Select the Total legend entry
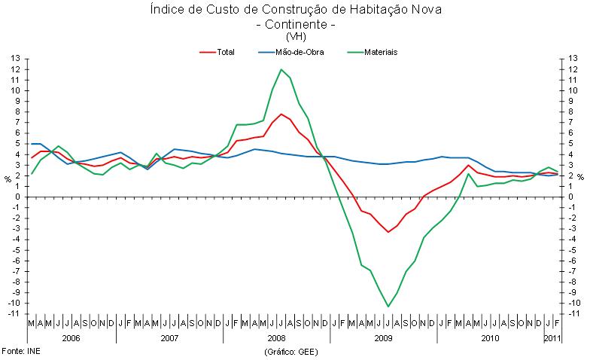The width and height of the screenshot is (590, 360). point(225,52)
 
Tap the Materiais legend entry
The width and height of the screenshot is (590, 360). point(381,52)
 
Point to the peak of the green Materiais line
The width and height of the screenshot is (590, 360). point(281,70)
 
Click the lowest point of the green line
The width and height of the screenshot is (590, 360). point(388,307)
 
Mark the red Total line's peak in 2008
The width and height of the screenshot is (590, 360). point(281,114)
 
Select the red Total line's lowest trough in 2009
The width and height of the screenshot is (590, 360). point(388,232)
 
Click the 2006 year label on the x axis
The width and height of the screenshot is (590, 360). point(71,338)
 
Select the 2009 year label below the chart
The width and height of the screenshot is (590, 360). point(383,338)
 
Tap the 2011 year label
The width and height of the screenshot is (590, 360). point(553,338)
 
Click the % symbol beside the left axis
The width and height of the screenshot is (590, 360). point(8,178)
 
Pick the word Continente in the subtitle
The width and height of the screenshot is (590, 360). point(295,23)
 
